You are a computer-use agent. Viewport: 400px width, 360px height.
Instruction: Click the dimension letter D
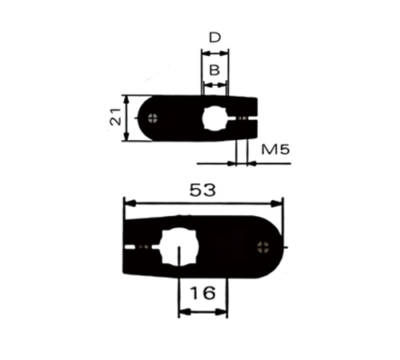coord(215,38)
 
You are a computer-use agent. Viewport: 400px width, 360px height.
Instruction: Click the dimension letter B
coord(214,70)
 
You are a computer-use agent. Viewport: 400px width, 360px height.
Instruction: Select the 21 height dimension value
coord(115,117)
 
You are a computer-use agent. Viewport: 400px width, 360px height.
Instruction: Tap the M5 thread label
coord(275,150)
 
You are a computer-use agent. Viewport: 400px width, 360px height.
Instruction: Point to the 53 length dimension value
coord(202,190)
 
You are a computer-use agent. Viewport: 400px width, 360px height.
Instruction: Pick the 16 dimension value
coord(202,293)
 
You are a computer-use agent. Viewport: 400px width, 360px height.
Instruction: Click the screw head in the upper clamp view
coord(153,118)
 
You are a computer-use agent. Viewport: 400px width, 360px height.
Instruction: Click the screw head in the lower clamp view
coord(263,247)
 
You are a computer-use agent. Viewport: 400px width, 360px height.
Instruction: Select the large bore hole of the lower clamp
coord(178,247)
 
